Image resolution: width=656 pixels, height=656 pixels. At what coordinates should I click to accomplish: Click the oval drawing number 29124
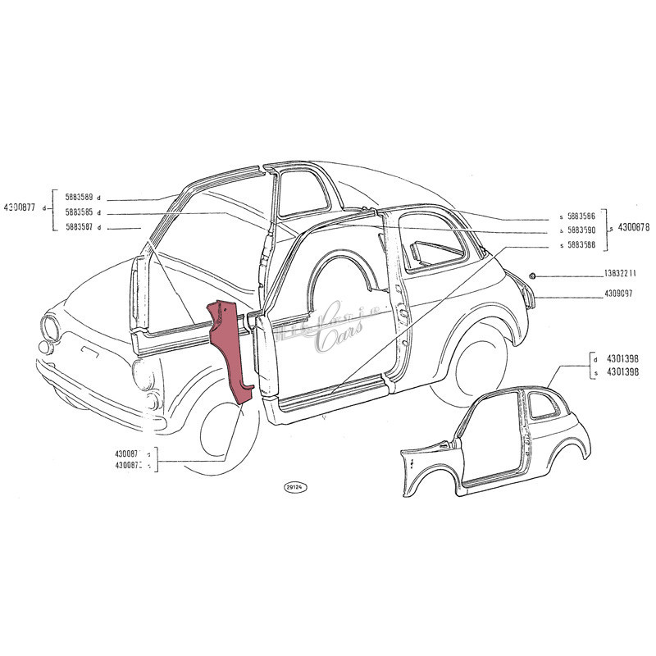pos(294,487)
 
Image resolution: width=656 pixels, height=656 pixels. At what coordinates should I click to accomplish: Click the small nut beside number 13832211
pos(533,274)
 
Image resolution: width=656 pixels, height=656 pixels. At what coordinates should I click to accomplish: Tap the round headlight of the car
pos(51,330)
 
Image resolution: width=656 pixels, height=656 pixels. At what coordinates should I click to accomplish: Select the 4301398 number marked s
pos(621,374)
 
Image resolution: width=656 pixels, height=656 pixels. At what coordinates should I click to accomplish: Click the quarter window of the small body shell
pos(542,405)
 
